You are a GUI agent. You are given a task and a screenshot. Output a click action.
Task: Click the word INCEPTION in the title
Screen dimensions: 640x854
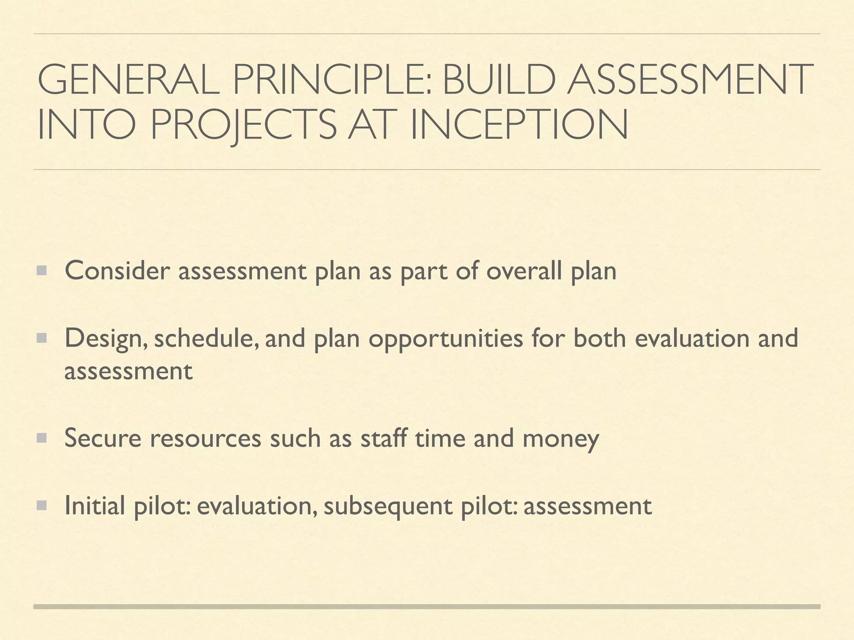pyautogui.click(x=519, y=125)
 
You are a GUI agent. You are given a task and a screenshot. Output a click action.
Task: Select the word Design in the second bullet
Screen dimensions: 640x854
pyautogui.click(x=106, y=338)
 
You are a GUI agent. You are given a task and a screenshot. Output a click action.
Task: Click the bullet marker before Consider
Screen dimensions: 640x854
pyautogui.click(x=42, y=271)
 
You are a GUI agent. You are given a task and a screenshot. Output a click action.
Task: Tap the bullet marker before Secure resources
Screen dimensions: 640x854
pyautogui.click(x=42, y=438)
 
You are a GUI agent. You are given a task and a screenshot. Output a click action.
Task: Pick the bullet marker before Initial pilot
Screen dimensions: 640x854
pyautogui.click(x=42, y=505)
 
